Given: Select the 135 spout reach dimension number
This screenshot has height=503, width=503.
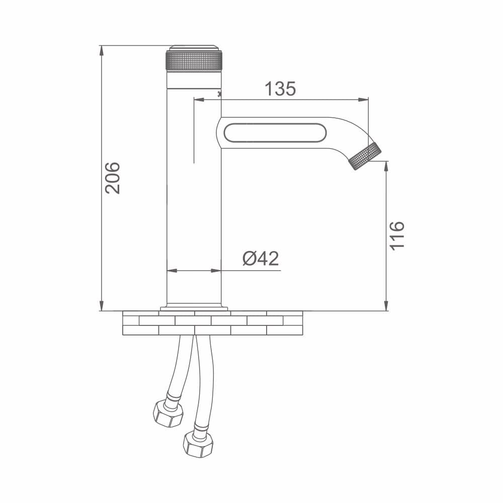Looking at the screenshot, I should pyautogui.click(x=280, y=89).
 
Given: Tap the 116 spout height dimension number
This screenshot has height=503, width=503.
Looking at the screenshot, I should pyautogui.click(x=397, y=234).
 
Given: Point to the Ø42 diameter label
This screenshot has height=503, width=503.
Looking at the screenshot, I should pyautogui.click(x=260, y=259).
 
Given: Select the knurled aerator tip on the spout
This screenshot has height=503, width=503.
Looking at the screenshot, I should pyautogui.click(x=366, y=156).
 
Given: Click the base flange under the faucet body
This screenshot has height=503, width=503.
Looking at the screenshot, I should pyautogui.click(x=194, y=307).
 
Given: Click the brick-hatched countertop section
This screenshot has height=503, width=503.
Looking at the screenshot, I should pyautogui.click(x=212, y=323).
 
